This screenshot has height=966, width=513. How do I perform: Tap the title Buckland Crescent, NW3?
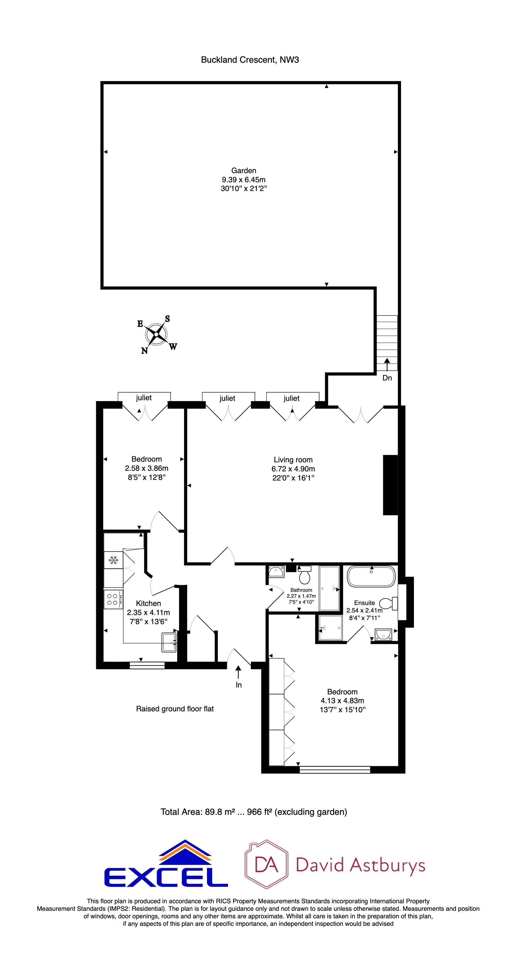coord(250,60)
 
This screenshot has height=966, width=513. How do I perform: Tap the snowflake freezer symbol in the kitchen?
coord(113,560)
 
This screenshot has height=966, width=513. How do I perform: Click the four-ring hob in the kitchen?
coord(113,599)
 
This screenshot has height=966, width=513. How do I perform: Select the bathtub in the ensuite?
coord(371,576)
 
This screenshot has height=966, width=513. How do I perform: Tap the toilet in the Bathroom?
coord(304,574)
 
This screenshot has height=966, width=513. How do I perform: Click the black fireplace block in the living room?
coord(390,485)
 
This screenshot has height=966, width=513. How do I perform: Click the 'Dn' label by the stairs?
coord(387,378)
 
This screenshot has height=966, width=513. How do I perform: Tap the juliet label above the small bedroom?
coord(144,397)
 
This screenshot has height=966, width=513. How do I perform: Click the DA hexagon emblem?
coord(267,864)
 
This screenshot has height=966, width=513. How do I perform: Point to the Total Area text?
coord(253,812)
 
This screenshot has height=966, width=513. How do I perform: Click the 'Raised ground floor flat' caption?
coord(175,709)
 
